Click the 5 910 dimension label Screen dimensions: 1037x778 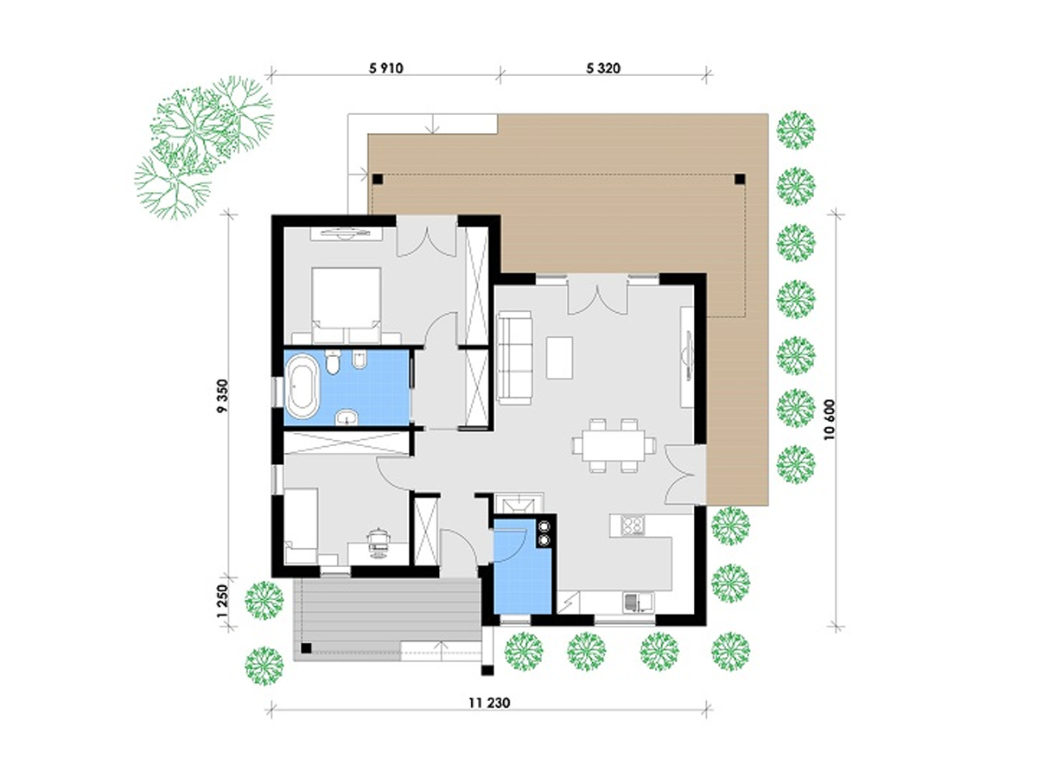point(386,68)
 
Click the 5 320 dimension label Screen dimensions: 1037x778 point(603,68)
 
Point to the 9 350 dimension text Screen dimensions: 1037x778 point(222,395)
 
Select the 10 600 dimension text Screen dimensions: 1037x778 point(830,420)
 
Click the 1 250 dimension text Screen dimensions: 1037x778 point(222,602)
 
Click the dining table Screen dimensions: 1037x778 point(614,445)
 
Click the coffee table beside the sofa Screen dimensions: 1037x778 point(559,357)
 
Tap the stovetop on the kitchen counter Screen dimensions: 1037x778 point(632,526)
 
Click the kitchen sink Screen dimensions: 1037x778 point(638,603)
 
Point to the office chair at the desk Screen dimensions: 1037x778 point(379,542)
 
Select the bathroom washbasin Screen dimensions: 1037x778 point(347,418)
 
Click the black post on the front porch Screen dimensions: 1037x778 point(306,648)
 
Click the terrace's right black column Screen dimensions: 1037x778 point(740,180)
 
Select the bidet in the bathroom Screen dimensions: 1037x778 point(359,360)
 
